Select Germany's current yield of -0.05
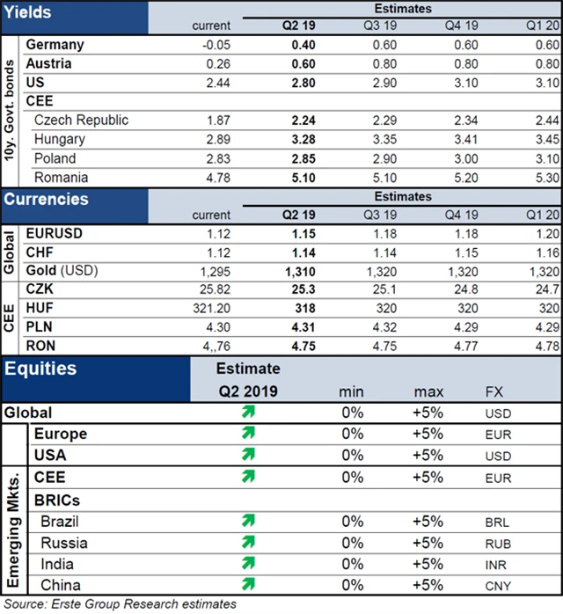pyautogui.click(x=215, y=45)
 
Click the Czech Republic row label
pyautogui.click(x=80, y=121)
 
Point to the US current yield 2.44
pyautogui.click(x=216, y=83)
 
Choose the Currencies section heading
pyautogui.click(x=47, y=199)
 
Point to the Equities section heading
pyautogui.click(x=40, y=370)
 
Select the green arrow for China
pyautogui.click(x=248, y=584)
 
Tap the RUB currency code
pyautogui.click(x=497, y=544)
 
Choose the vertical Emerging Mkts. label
pyautogui.click(x=15, y=510)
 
